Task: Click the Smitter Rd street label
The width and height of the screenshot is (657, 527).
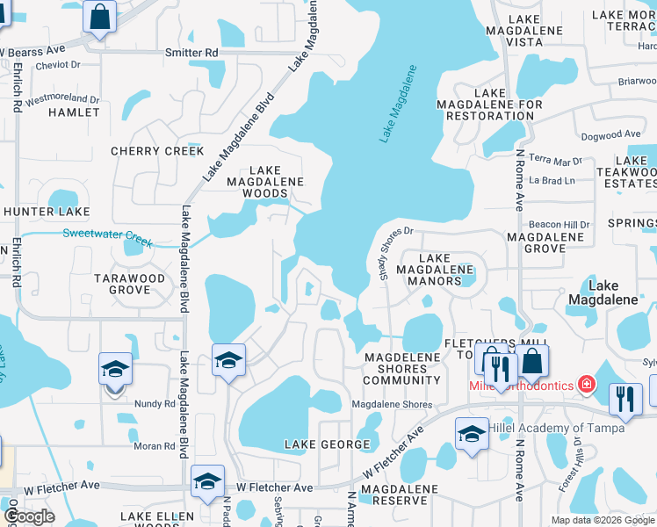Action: (191, 53)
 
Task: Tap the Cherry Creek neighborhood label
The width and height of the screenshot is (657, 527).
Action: (157, 151)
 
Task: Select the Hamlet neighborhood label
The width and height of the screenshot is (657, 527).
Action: (74, 112)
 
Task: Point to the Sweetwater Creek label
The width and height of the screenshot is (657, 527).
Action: (107, 235)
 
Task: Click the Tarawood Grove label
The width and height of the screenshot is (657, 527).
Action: (130, 284)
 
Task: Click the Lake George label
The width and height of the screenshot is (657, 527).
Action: (327, 444)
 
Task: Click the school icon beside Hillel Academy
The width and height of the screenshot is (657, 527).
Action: (472, 434)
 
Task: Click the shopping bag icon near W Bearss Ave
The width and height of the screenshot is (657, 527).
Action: (101, 16)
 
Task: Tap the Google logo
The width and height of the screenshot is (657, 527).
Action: (29, 516)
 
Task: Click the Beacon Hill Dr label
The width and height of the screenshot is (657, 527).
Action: (559, 225)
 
